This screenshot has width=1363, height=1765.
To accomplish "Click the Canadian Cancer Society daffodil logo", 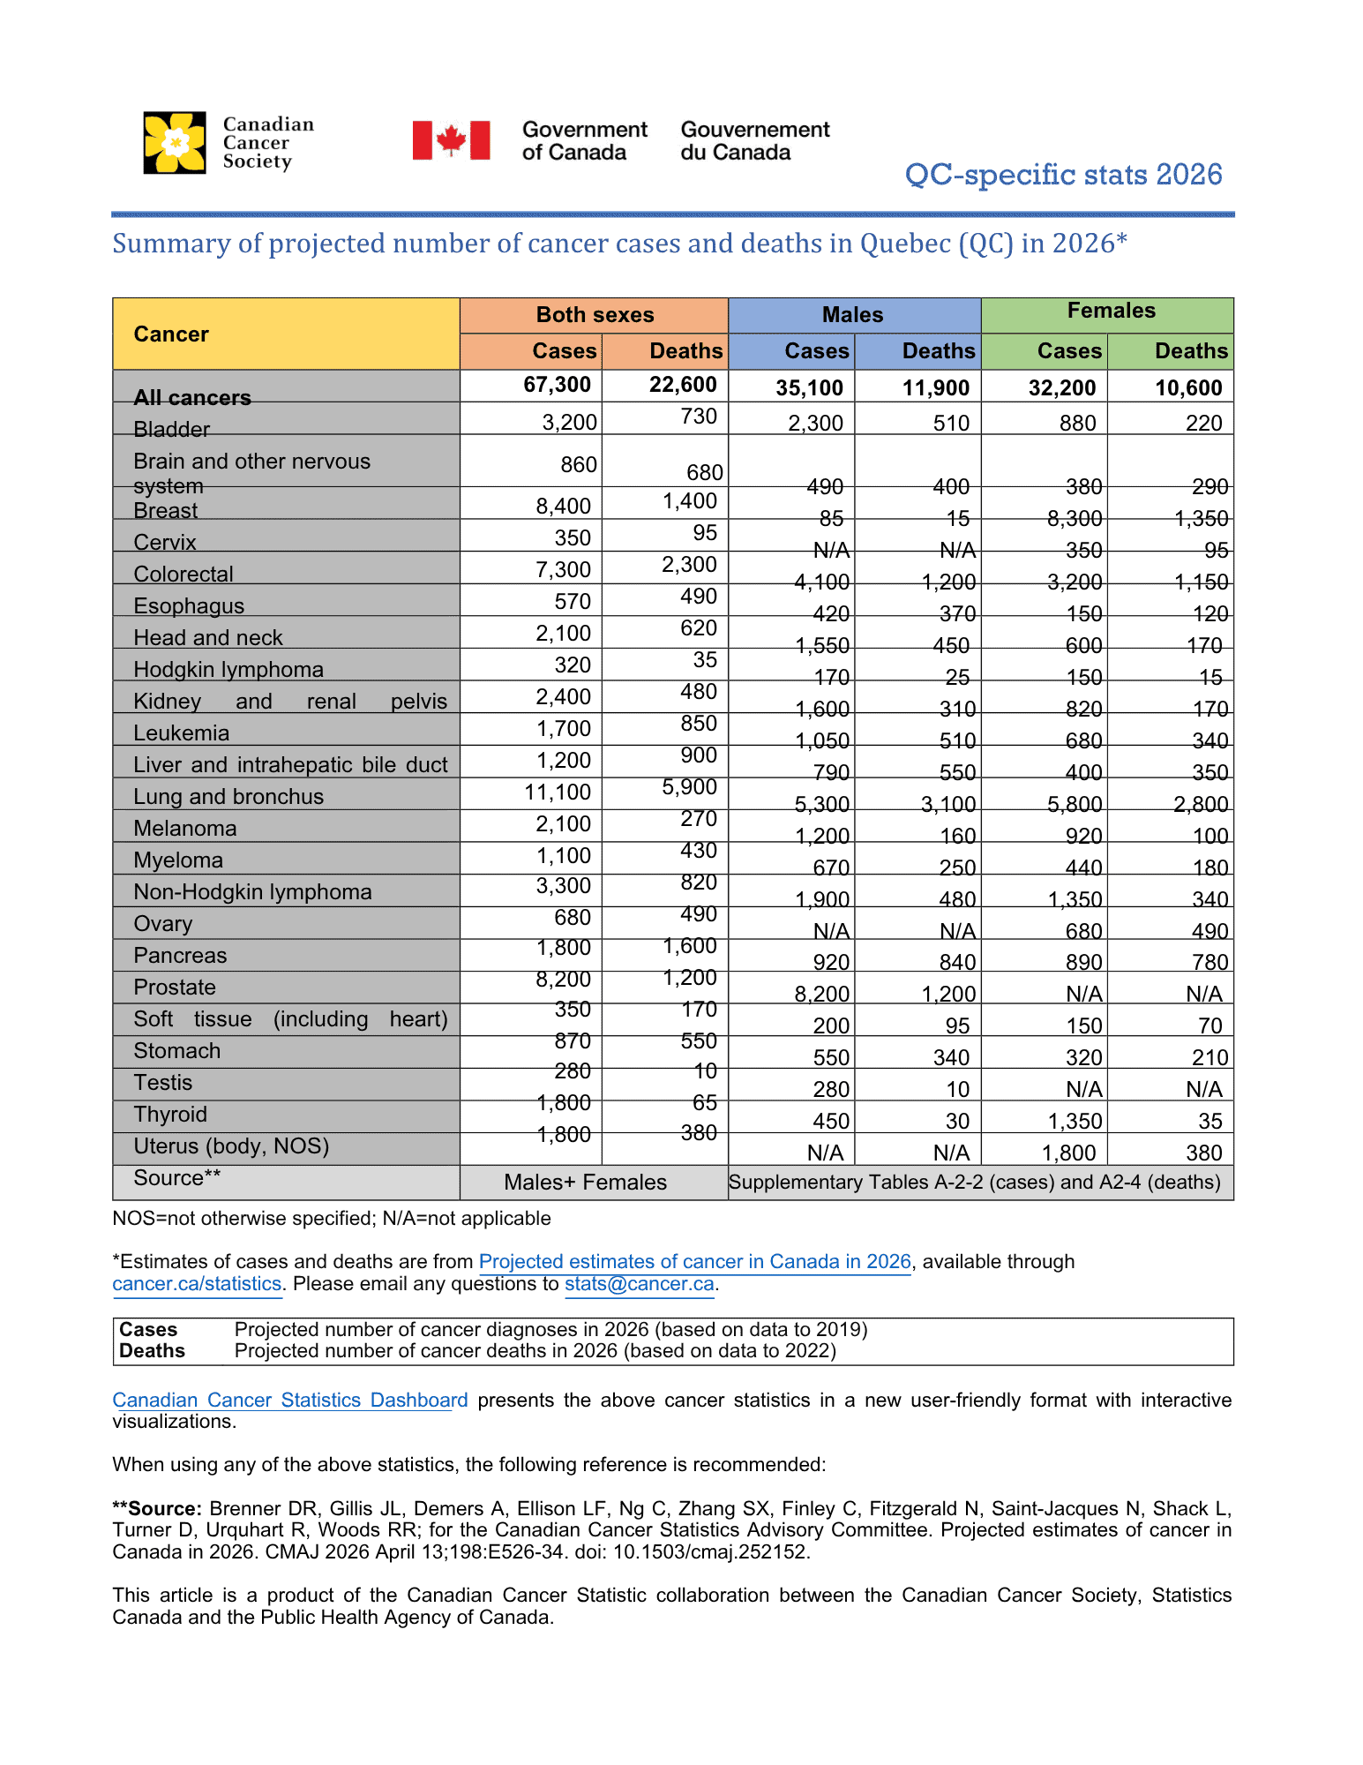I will [x=175, y=143].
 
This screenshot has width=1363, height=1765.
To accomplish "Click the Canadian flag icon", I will [x=451, y=140].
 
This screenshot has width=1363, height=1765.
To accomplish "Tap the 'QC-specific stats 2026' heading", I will [x=1063, y=175].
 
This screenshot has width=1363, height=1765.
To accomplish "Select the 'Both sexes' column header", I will [x=595, y=315].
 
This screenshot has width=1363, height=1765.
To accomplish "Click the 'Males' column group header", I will [x=852, y=315].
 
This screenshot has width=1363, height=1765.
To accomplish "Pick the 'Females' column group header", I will [x=1111, y=311].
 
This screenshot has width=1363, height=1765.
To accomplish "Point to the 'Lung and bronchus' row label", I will [x=228, y=797].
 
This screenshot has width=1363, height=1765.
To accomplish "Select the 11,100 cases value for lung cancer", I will [x=558, y=792].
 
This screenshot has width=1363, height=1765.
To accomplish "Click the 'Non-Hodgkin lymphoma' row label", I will [x=252, y=892].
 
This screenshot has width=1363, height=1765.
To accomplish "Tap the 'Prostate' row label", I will [x=175, y=988].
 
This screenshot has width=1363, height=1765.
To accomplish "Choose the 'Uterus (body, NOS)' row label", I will [x=231, y=1146].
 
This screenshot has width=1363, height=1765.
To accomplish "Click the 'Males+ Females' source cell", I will [x=585, y=1183].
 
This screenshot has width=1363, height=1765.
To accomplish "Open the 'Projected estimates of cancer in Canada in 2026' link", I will [x=694, y=1262].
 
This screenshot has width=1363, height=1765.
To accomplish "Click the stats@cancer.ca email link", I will [x=639, y=1284].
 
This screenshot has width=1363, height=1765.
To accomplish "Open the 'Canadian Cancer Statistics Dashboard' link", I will [x=290, y=1401].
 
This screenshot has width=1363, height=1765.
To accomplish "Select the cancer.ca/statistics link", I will [x=197, y=1284].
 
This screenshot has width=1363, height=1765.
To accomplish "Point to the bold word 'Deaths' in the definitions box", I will [x=152, y=1351].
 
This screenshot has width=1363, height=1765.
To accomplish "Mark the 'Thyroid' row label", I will [x=170, y=1115].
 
